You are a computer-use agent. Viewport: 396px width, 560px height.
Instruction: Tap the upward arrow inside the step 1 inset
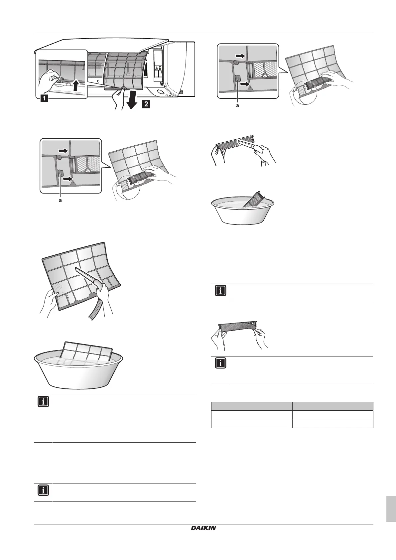pos(76,84)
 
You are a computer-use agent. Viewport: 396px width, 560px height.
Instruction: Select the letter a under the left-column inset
pos(60,201)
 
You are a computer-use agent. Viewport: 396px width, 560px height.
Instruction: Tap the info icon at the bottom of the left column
pos(44,490)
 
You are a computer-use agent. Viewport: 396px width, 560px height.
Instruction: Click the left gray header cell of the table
pos(252,406)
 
